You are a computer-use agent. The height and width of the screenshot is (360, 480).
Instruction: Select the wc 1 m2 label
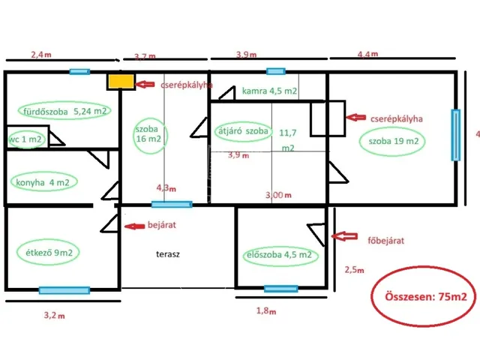(25, 139)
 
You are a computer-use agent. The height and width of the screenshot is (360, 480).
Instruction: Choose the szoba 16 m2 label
(148, 134)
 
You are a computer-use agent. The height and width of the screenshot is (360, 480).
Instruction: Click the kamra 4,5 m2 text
(268, 91)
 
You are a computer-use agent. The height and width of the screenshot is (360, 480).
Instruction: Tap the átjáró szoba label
(242, 130)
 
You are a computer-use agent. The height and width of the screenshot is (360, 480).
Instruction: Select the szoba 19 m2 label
(393, 141)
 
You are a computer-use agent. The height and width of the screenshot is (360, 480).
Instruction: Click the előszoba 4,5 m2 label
(279, 256)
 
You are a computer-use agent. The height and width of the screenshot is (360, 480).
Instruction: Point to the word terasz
(168, 254)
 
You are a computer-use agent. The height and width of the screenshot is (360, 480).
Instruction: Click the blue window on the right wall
(454, 135)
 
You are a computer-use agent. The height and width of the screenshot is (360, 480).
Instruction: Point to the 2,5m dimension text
(355, 269)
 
